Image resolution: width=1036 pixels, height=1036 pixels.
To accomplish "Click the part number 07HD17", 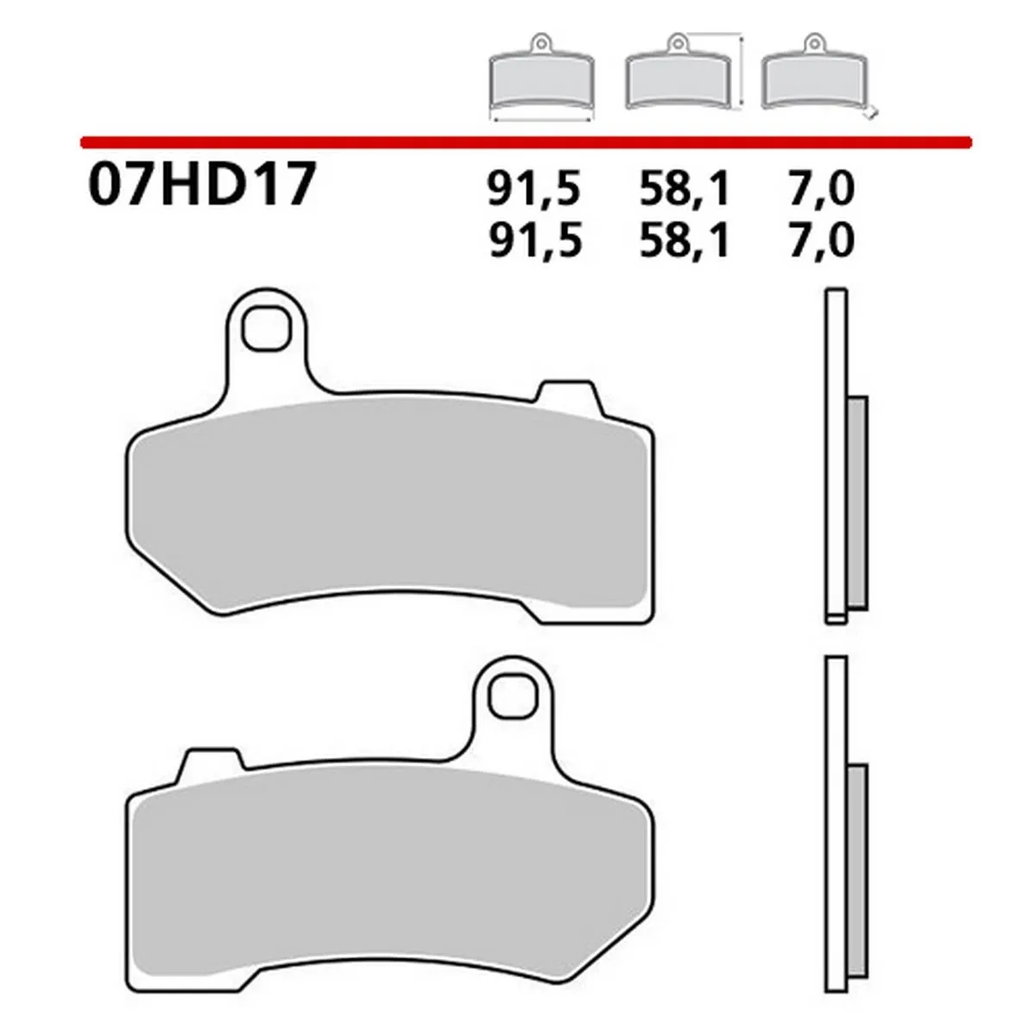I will click(199, 186).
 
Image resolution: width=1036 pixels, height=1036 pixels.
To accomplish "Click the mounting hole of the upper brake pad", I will click(265, 328).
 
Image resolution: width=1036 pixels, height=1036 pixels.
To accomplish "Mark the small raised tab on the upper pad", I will click(565, 393).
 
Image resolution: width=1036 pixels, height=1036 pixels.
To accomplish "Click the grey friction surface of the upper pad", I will click(388, 509).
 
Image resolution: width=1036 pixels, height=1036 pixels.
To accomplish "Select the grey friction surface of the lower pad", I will click(388, 872).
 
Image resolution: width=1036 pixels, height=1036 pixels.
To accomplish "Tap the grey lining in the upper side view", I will click(856, 501).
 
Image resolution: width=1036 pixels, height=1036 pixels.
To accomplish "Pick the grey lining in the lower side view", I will click(856, 863).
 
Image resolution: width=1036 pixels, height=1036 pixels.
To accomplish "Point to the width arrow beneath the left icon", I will click(540, 120).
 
